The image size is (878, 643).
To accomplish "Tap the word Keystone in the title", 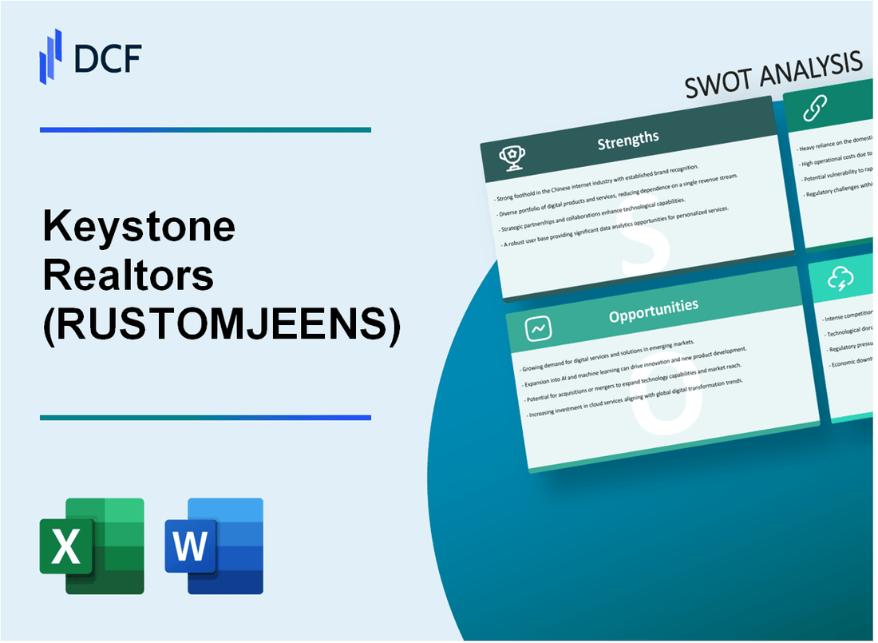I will [139, 228].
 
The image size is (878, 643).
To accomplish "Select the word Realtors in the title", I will [128, 276].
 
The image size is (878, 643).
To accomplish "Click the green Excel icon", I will [92, 546].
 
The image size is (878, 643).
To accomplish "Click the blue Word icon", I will [214, 546].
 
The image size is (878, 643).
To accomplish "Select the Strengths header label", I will [629, 139].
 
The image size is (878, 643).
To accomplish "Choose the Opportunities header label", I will [653, 307].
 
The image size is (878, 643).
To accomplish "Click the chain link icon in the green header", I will [815, 107].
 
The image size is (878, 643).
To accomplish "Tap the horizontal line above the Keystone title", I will [205, 129].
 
